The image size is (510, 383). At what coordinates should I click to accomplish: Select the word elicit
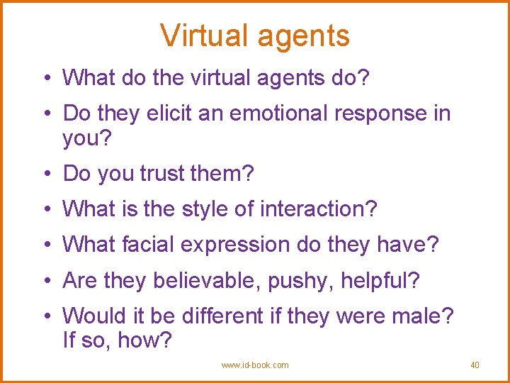(168, 113)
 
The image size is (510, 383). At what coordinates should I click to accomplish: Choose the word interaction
(318, 209)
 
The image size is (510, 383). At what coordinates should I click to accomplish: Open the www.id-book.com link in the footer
(255, 365)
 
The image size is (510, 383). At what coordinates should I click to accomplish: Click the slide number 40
(475, 365)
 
